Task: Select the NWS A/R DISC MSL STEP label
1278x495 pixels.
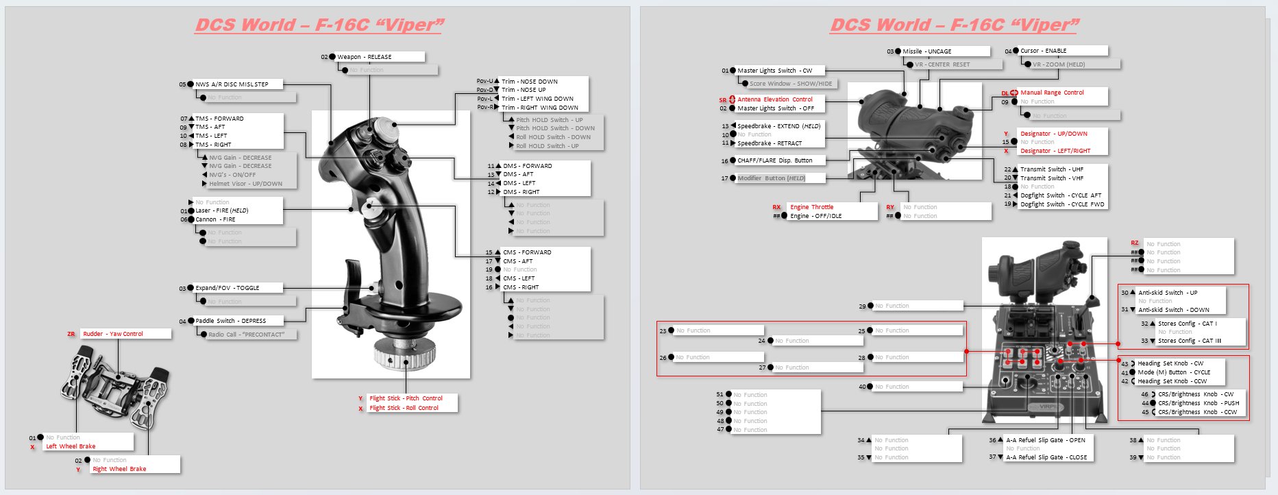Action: coord(232,84)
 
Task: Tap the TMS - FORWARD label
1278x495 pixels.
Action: coord(219,119)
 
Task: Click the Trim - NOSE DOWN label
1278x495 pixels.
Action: coord(529,82)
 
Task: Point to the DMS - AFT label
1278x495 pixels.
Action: coord(518,174)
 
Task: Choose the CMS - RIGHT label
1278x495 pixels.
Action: coord(521,287)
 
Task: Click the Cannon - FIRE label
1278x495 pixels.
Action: coord(215,219)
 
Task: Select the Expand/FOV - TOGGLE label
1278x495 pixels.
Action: coord(228,288)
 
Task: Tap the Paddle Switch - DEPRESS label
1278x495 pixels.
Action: coord(230,321)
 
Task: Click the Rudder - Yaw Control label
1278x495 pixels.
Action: coord(113,334)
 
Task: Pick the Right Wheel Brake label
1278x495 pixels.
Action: coord(119,469)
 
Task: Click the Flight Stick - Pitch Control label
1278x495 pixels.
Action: coord(406,398)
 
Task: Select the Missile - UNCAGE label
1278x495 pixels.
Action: coord(926,51)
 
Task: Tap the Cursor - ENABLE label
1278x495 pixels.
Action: coord(1043,51)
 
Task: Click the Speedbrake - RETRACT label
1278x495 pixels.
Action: coord(769,143)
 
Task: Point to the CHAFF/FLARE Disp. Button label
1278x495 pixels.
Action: coord(774,160)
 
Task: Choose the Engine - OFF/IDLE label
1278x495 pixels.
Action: coord(815,216)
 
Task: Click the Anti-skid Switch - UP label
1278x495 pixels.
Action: coord(1168,293)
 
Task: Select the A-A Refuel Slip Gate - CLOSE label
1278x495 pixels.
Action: coord(1046,457)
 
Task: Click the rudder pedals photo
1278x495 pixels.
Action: coord(113,384)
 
